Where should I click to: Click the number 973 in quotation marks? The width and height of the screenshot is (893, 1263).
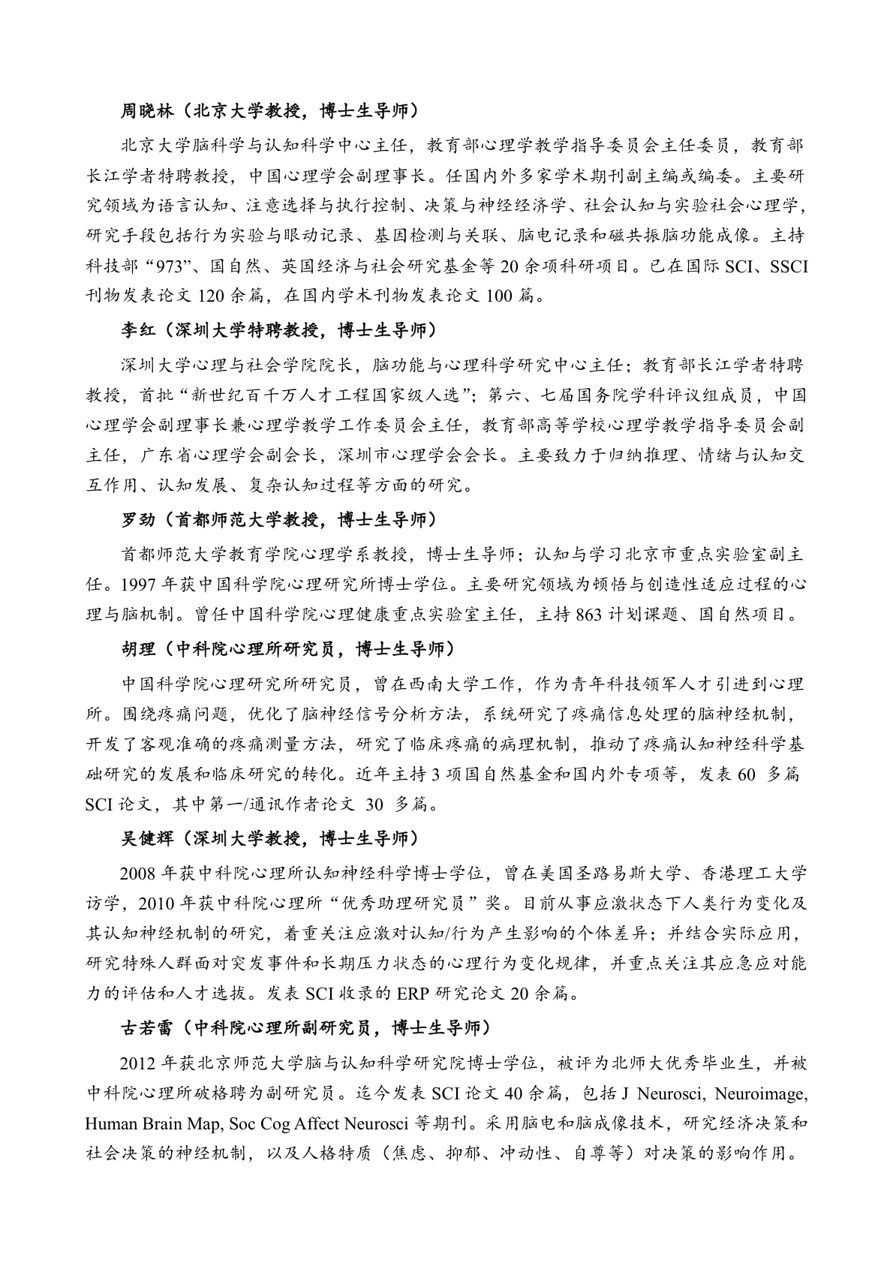point(173,266)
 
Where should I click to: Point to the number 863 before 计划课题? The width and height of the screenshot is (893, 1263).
point(589,615)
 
